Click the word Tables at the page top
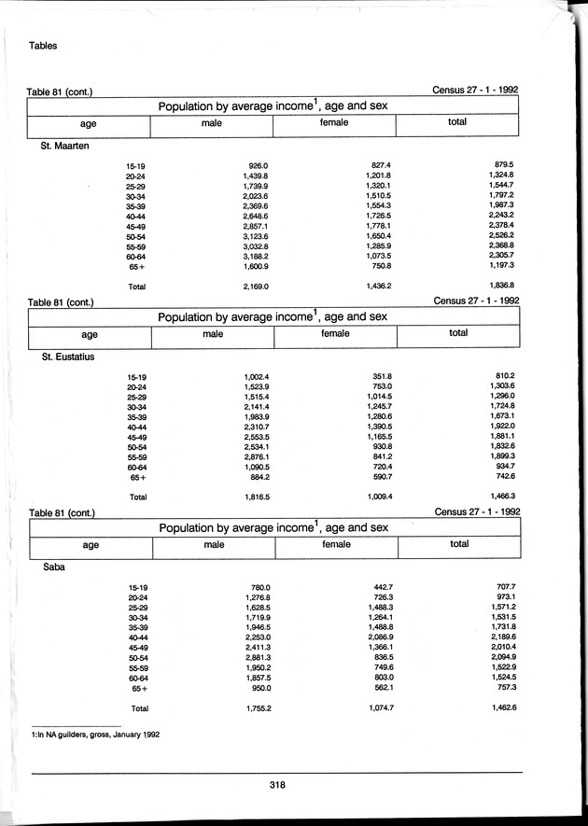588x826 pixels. [45, 45]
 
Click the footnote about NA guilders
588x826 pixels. [94, 735]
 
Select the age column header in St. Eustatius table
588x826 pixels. [90, 334]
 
